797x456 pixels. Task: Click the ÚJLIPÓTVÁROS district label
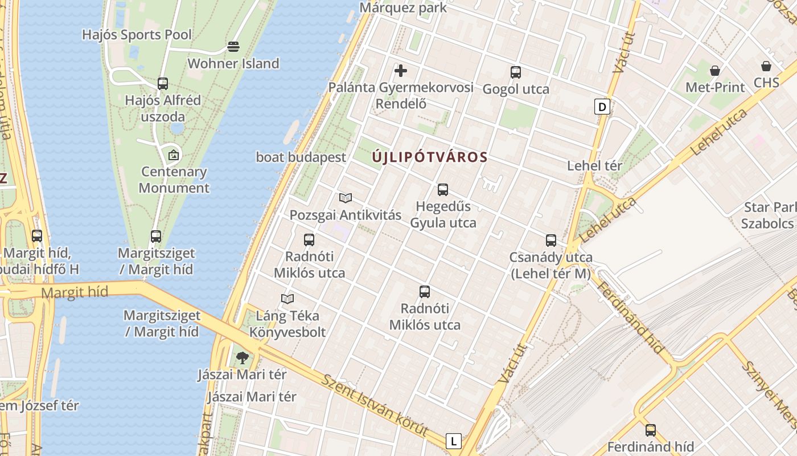430,157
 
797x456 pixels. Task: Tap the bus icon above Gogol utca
516,72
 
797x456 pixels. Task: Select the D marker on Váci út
602,106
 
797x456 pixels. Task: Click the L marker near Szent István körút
453,441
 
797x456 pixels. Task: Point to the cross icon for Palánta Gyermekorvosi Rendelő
401,71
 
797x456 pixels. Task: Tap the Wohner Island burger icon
233,46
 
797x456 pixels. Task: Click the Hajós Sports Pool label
137,35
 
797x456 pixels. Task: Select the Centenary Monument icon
174,154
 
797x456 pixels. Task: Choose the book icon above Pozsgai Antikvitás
346,198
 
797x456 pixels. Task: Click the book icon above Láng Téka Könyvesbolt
287,299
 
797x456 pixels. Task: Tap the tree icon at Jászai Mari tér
243,358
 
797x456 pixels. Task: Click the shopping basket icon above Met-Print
715,71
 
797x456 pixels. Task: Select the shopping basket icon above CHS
766,66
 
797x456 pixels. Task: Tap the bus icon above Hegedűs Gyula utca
443,190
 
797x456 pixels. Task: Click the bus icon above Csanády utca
550,241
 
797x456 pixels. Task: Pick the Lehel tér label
594,166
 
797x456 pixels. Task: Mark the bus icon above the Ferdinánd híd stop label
651,430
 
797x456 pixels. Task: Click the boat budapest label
301,157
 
